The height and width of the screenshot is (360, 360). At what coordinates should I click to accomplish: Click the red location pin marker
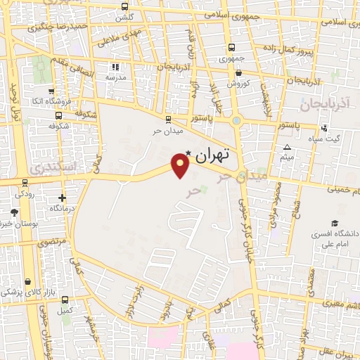(180, 166)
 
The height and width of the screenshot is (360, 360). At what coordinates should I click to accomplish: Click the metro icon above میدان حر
(167, 120)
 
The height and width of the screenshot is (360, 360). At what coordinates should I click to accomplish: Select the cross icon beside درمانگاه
(62, 198)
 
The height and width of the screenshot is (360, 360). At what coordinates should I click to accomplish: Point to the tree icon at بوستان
(13, 212)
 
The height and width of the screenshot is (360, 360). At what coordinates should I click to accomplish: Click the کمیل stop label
(65, 310)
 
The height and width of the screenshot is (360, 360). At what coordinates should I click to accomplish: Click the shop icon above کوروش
(238, 72)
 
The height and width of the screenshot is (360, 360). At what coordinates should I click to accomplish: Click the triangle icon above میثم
(287, 147)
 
